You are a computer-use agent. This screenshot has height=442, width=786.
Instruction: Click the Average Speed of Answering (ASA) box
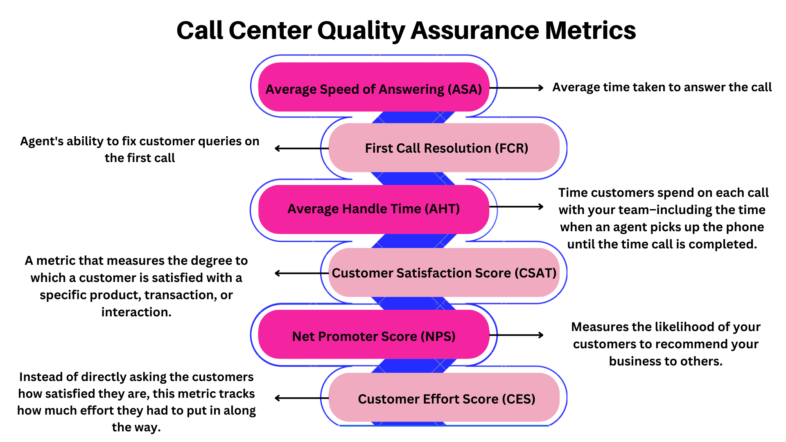click(374, 88)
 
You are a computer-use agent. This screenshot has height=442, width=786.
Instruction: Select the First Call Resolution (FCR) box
click(444, 148)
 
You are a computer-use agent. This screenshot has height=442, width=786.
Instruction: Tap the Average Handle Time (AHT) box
click(374, 209)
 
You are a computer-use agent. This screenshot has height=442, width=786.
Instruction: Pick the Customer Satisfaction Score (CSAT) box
click(444, 273)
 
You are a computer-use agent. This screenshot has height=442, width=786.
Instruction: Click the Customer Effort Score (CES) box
click(444, 398)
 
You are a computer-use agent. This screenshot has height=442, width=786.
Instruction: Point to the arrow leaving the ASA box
click(517, 88)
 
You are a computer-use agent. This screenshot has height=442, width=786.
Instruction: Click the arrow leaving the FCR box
click(302, 148)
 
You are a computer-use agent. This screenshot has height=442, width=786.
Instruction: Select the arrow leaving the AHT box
click(517, 207)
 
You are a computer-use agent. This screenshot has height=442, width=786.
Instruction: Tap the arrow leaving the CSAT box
click(302, 273)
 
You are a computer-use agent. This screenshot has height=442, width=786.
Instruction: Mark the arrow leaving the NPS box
click(517, 335)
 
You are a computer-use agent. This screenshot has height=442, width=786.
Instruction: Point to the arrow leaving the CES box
click(302, 398)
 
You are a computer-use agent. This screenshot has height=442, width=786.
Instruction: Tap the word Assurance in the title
click(475, 31)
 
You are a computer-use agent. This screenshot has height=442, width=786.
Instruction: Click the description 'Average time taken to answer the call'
click(662, 87)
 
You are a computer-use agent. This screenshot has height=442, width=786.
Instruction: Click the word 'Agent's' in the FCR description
click(41, 142)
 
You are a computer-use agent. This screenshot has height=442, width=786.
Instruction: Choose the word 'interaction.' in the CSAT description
click(136, 312)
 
